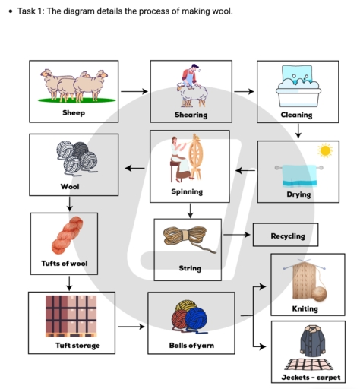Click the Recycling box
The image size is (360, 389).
(285, 236)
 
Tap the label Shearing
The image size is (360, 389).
(191, 114)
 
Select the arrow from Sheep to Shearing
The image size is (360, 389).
(134, 91)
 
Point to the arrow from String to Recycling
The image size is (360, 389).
(235, 235)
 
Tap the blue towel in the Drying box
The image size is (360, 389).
(299, 176)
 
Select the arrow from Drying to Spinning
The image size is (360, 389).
(245, 170)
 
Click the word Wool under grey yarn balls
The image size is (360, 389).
(70, 185)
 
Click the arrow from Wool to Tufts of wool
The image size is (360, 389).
(69, 203)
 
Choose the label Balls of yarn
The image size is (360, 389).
(191, 346)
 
